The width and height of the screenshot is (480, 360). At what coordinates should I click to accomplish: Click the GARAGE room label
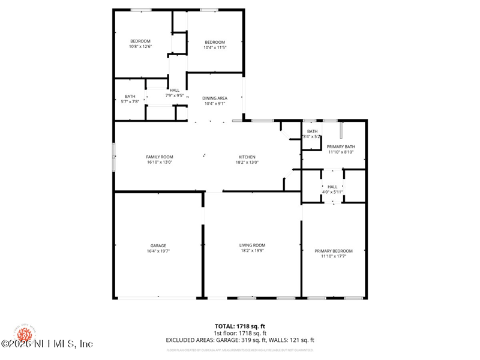coord(158,245)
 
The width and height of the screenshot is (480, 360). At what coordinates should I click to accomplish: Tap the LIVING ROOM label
coord(252,245)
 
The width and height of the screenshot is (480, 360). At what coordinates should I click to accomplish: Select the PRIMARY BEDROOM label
coord(334,251)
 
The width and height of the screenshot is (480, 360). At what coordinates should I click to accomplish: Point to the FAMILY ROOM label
coord(160,157)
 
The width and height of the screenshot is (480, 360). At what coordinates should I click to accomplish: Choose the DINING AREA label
coord(214,98)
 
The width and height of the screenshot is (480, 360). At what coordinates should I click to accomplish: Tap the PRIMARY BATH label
coord(341,146)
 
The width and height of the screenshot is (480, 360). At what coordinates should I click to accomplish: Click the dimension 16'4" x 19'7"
coord(158,251)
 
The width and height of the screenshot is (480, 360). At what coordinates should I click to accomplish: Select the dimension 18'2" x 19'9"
coord(252,251)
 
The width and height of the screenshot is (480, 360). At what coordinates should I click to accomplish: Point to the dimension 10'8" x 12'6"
coord(140,46)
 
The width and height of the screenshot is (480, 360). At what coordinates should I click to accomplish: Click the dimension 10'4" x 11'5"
coord(214,47)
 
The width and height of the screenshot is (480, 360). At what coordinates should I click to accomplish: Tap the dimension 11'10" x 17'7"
coord(334,256)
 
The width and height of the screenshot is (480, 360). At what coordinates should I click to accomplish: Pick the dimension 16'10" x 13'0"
coord(160,162)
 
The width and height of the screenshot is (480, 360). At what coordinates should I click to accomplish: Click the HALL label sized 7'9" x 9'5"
coord(174,90)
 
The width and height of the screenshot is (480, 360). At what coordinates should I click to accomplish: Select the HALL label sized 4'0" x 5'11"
coord(332,187)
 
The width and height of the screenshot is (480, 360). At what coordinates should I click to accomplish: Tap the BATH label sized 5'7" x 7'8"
coord(130,96)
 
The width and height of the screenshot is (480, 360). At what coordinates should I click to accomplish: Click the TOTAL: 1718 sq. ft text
coord(240,326)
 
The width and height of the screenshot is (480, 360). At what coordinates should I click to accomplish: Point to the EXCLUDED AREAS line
coord(240,340)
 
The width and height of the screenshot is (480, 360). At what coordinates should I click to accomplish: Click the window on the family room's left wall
coord(113,157)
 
